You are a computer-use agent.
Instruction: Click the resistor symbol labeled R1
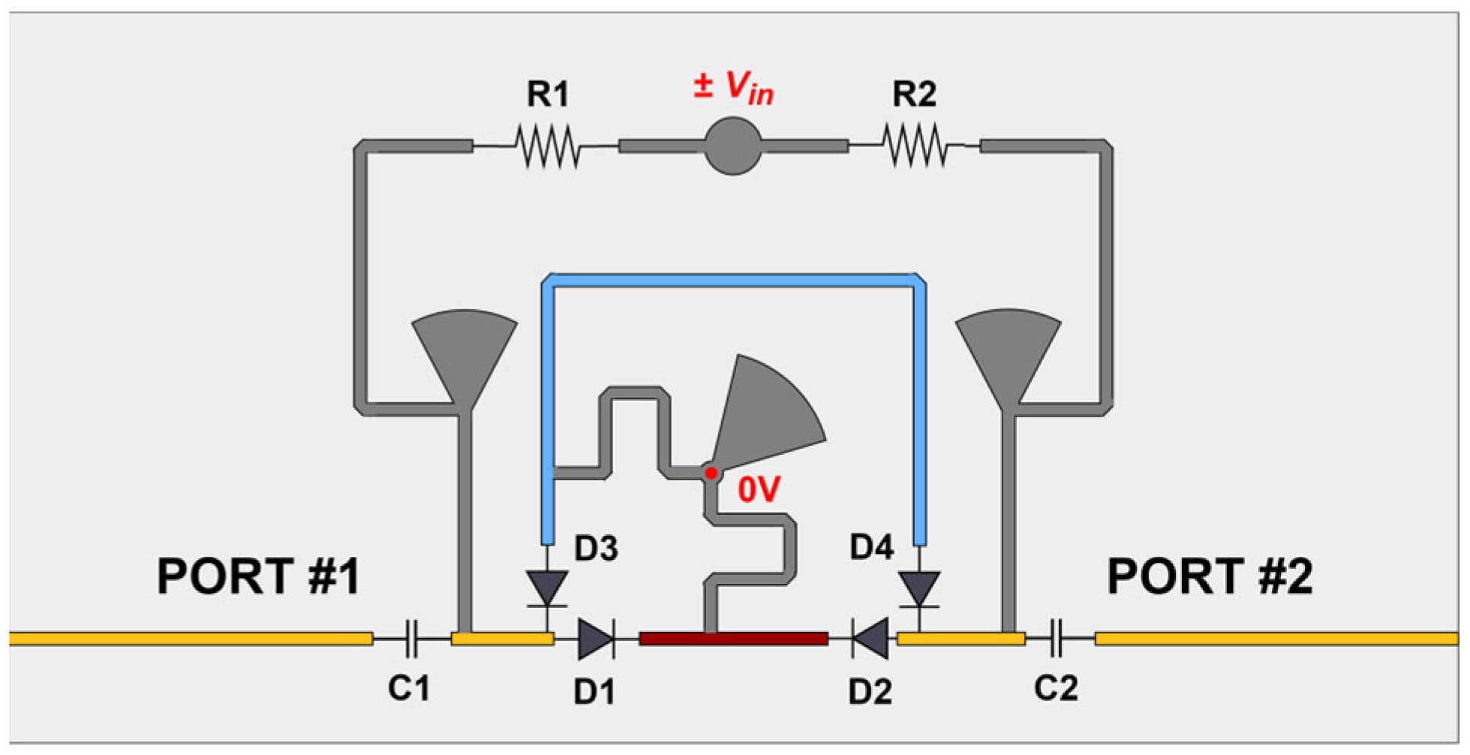coord(548,146)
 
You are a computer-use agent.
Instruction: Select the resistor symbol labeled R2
coord(915,146)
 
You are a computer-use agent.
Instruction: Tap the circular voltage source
coord(732,146)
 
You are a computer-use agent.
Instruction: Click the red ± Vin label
coord(733,87)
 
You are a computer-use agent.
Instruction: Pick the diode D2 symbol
coord(870,639)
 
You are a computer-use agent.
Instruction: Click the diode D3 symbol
coord(547,588)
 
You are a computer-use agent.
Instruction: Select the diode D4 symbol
coord(919,588)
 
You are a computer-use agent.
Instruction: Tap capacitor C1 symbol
coord(411,639)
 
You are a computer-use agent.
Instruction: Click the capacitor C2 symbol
coord(1057,639)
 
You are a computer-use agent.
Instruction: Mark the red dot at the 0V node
coord(711,473)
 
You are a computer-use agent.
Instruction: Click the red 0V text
coord(759,490)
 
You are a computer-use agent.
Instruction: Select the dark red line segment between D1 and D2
coord(734,639)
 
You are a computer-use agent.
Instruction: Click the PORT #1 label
coord(258,576)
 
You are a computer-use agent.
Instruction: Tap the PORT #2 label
coord(1210,576)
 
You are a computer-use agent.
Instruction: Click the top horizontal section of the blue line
coord(733,281)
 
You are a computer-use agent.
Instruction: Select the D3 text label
coord(596,549)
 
